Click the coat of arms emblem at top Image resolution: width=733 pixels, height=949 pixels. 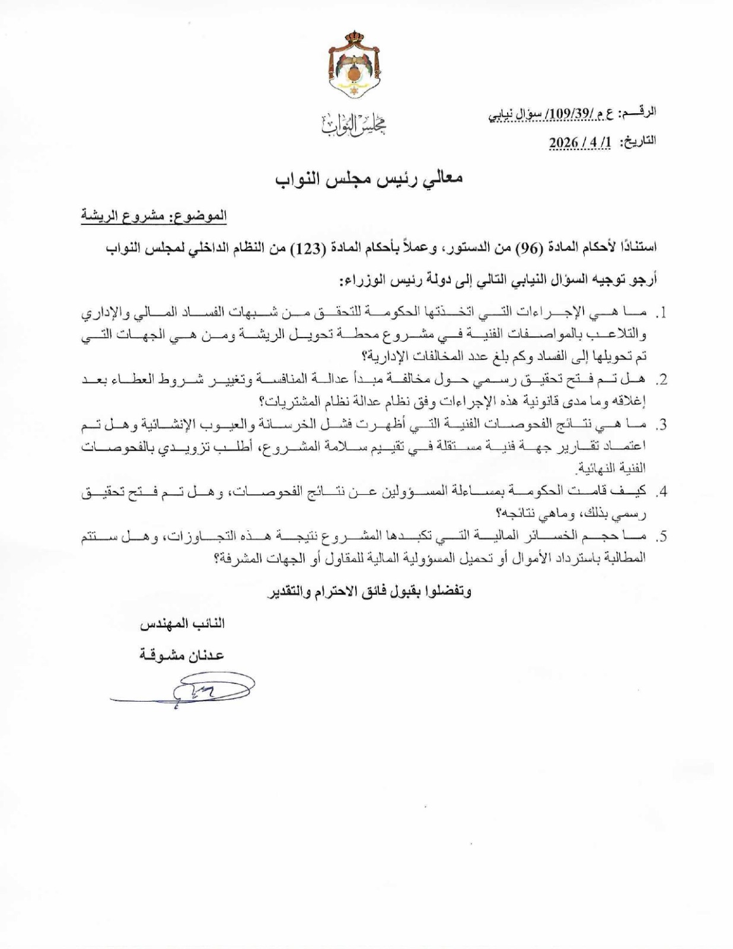[x=354, y=65]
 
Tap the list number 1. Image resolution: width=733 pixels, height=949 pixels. [x=660, y=313]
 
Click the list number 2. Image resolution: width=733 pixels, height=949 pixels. [x=660, y=380]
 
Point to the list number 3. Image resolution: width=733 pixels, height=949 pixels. [x=660, y=425]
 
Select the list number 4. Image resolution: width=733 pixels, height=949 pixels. [x=660, y=492]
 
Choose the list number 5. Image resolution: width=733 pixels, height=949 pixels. [x=660, y=537]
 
